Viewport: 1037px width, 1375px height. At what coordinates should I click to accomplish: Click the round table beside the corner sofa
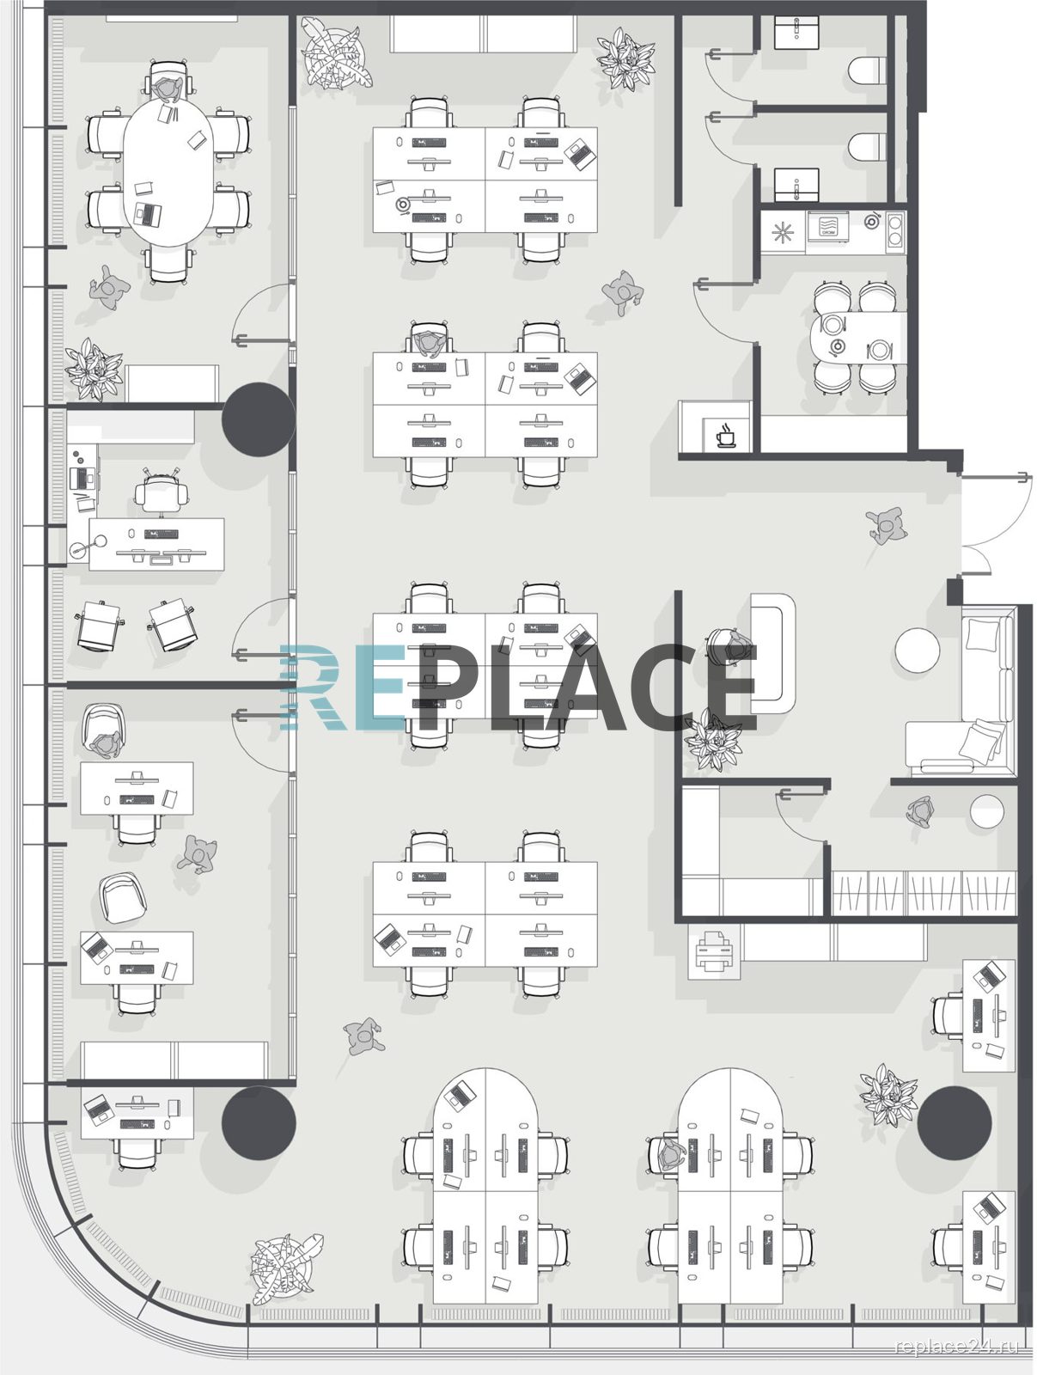pos(917,650)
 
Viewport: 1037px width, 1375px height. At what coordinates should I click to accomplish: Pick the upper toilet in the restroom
pos(867,70)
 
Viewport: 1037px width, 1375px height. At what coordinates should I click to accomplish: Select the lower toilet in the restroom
pos(867,146)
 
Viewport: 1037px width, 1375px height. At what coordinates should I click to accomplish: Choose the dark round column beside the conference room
pos(258,419)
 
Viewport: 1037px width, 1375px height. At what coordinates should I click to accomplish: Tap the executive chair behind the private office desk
pos(162,492)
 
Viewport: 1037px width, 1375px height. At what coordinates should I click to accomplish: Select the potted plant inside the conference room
pos(95,370)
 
